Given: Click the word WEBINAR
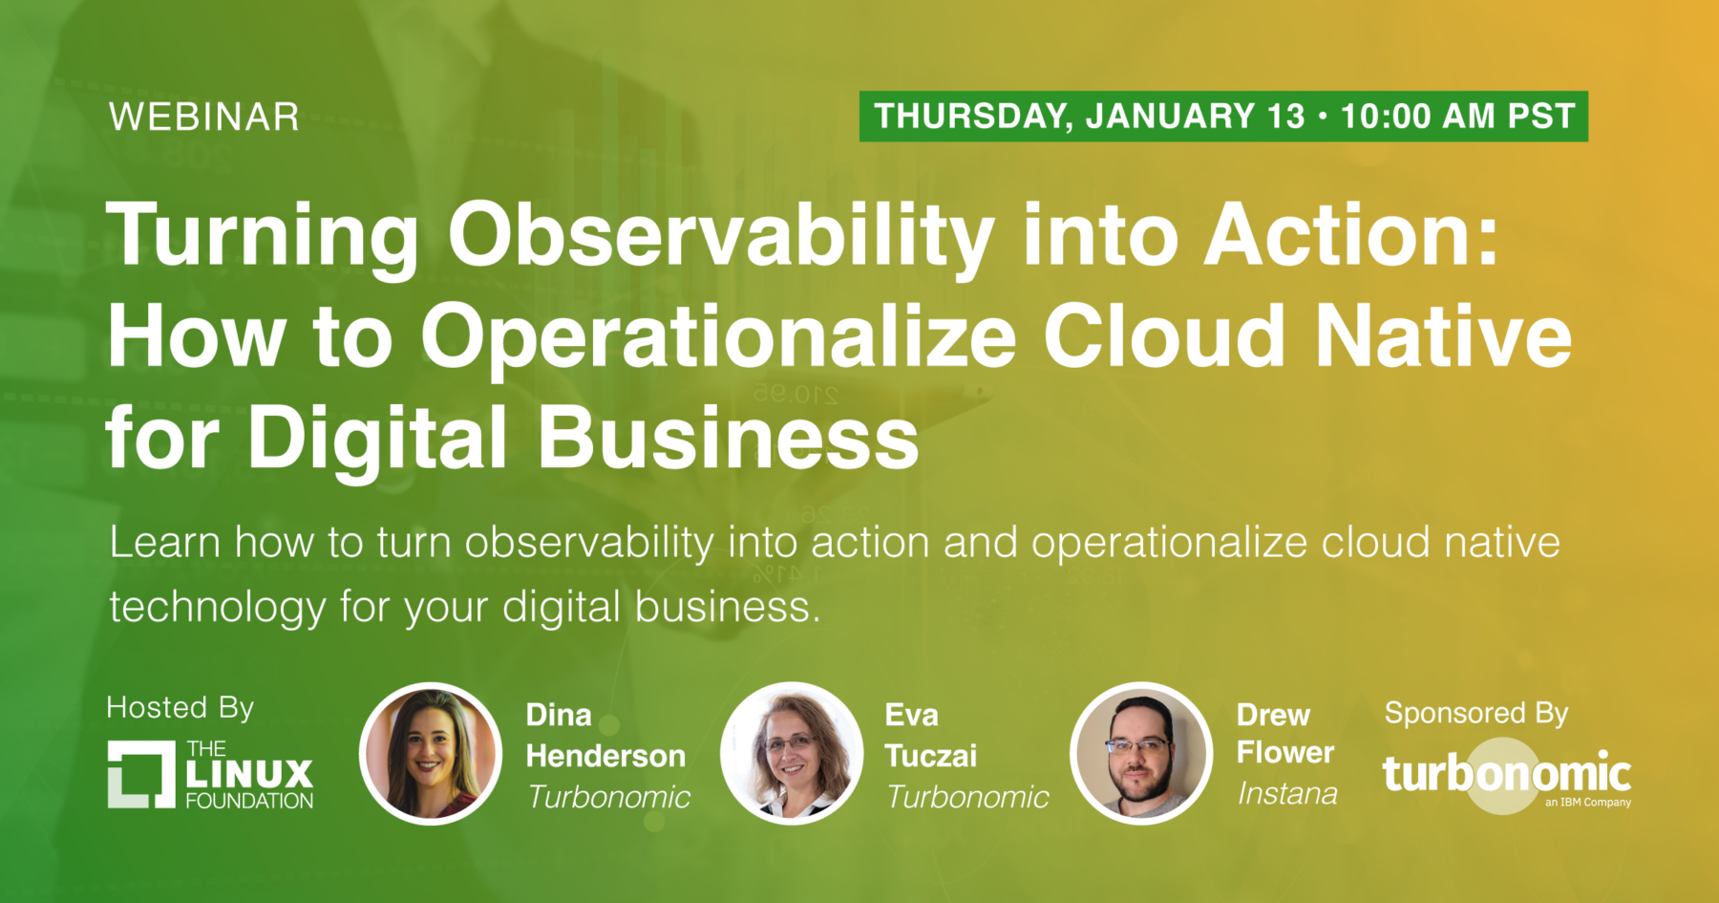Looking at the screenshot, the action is click(204, 117).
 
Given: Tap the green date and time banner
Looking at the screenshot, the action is click(1223, 117).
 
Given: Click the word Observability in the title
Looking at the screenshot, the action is click(722, 235).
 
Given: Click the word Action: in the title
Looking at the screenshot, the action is click(1352, 234).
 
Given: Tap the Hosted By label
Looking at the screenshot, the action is click(180, 707).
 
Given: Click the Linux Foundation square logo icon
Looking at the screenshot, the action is click(141, 774).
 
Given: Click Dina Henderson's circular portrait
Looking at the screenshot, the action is click(431, 753).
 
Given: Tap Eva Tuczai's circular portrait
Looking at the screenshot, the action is click(792, 753).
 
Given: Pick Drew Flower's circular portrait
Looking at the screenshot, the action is click(1141, 753).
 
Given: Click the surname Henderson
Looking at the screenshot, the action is click(605, 756).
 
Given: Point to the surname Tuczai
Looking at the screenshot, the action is click(931, 756).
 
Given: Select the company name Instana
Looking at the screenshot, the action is click(1287, 793).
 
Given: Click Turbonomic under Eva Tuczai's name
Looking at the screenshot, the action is click(967, 796).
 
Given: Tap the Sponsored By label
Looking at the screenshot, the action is click(1476, 713).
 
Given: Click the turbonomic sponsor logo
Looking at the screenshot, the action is click(1507, 775).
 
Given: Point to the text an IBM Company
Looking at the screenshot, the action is click(1588, 803).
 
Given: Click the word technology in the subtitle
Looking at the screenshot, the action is click(218, 608).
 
